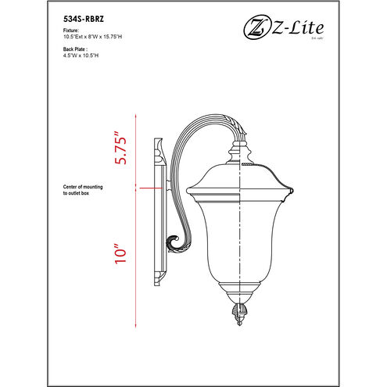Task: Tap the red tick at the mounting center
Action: click(138, 187)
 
